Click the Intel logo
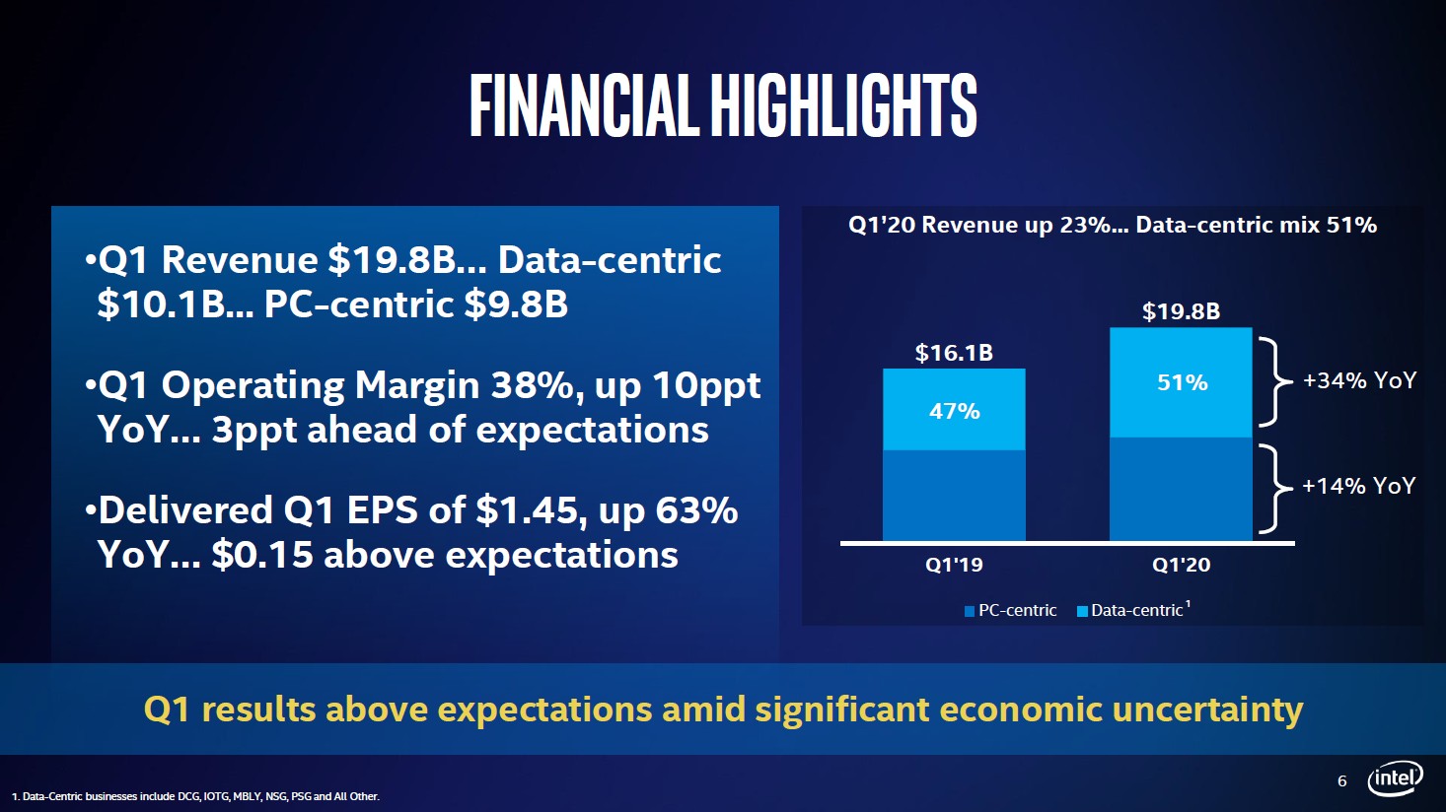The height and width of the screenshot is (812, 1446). (1395, 778)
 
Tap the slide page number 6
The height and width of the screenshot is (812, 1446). (1341, 781)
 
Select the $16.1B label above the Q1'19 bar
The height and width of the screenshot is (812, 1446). (954, 353)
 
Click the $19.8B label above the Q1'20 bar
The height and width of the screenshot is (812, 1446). (1181, 312)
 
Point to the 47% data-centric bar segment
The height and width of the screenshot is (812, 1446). (954, 410)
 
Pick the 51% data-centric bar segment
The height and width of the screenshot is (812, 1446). (1181, 382)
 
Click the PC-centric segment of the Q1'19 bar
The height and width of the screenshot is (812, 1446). (954, 495)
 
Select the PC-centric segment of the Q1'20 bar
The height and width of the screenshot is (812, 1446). (1181, 489)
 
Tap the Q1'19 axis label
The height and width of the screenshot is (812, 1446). (954, 565)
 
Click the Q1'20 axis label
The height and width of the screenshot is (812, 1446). (1181, 565)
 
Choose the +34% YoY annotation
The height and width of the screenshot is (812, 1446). (1359, 380)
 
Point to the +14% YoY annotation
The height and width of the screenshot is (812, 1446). (1358, 486)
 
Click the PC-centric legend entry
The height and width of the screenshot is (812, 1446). (1011, 611)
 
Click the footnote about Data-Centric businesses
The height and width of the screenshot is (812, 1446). (195, 796)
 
